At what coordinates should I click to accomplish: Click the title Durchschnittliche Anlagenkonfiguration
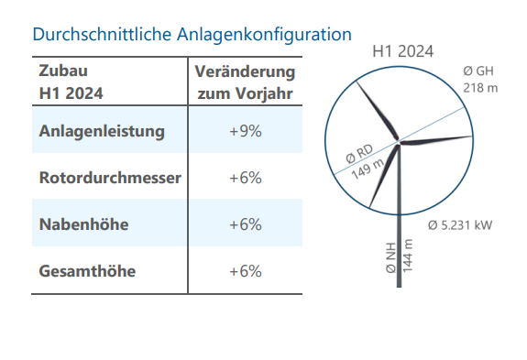coord(192,35)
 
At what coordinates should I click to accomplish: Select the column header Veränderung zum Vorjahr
coord(246,82)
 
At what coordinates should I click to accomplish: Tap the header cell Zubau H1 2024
coord(71,82)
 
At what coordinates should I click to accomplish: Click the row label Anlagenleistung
coord(102,131)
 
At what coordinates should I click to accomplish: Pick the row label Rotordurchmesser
coord(110,178)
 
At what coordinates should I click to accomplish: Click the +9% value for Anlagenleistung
coord(246,131)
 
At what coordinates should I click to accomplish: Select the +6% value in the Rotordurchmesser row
coord(246,178)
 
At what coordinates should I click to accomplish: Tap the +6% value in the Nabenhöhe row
coord(246,224)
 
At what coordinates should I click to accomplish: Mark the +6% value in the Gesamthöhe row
coord(246,271)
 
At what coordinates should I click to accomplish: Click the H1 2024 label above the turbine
coord(403,51)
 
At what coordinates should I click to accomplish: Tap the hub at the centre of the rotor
coord(398,142)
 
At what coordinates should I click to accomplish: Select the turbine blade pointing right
coord(438,141)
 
